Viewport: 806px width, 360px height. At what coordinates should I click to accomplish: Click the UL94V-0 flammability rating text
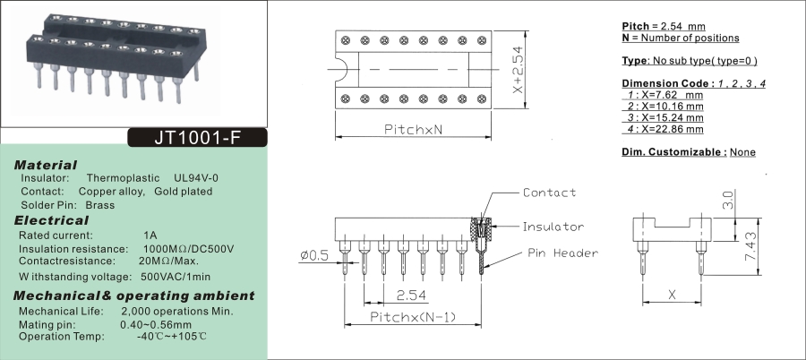196,177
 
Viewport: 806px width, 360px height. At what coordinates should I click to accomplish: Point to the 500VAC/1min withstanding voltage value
176,276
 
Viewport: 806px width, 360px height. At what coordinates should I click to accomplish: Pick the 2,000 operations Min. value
176,311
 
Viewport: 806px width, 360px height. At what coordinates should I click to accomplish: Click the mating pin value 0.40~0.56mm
156,323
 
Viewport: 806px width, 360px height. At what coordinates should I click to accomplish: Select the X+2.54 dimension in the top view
518,71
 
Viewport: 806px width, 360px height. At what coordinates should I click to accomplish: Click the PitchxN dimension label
414,130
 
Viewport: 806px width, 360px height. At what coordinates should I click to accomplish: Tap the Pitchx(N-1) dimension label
414,317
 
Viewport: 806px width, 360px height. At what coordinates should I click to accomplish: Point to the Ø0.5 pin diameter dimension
314,255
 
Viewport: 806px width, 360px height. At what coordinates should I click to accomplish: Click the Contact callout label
549,193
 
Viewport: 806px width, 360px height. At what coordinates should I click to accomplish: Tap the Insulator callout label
553,227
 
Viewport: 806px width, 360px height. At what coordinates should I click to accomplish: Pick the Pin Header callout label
562,253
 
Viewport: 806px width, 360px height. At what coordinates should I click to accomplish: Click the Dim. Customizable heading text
673,152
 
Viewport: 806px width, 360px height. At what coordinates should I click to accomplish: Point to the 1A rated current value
150,235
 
